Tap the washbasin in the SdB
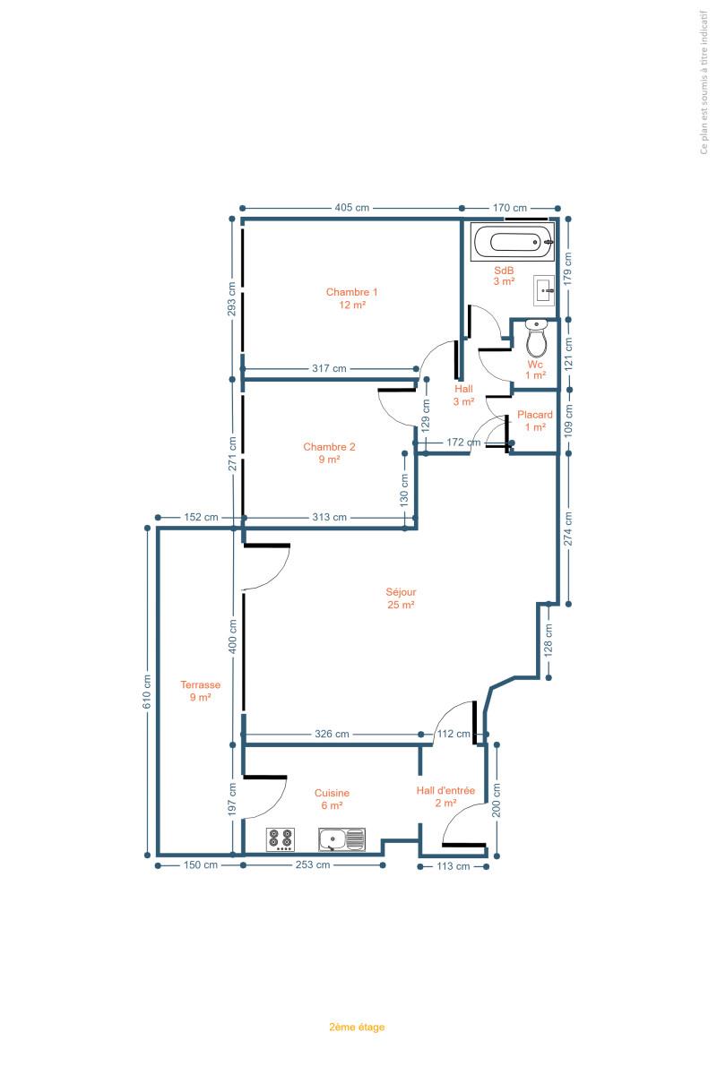[544, 290]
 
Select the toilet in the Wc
[536, 339]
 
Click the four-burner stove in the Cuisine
[281, 840]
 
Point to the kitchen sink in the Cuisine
[341, 840]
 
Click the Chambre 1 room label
[352, 298]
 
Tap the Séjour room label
[401, 598]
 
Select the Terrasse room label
[200, 691]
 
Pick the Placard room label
[535, 420]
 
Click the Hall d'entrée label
[445, 796]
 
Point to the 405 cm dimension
[352, 208]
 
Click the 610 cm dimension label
[147, 692]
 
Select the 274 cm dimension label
[568, 529]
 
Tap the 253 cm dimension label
[313, 864]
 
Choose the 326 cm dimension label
[332, 734]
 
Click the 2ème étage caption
[357, 1027]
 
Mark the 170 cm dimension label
[510, 208]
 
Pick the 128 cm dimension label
[548, 641]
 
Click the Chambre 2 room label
[330, 453]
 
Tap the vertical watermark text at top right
[704, 82]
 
